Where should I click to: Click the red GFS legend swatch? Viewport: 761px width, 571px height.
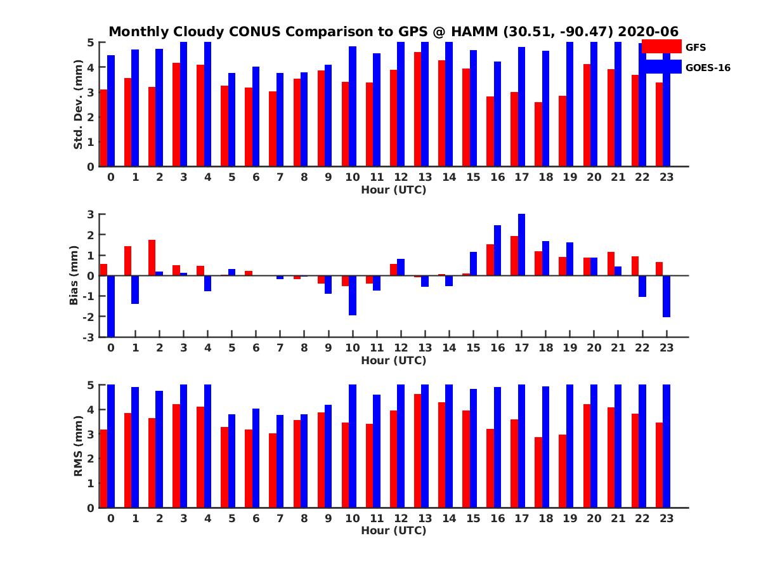[x=661, y=46]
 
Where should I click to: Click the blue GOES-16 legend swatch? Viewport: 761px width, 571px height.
[x=661, y=67]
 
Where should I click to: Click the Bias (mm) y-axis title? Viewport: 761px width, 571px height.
[x=74, y=275]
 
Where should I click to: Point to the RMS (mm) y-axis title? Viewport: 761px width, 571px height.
[x=78, y=446]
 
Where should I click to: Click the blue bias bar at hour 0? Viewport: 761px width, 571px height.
[x=111, y=306]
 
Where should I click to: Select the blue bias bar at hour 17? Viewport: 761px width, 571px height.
[x=521, y=245]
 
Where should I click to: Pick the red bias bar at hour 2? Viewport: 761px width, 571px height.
[x=152, y=258]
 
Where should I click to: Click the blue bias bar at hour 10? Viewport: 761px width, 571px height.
[x=353, y=295]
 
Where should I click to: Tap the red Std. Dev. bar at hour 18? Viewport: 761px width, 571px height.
[x=538, y=135]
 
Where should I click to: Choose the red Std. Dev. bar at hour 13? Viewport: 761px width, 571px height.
[x=418, y=109]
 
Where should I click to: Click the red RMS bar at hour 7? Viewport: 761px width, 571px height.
[x=273, y=470]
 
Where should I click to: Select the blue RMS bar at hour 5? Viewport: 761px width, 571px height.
[x=232, y=461]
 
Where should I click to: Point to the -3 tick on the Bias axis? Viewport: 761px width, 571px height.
[x=90, y=337]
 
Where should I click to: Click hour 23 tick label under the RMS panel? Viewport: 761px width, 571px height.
[x=667, y=518]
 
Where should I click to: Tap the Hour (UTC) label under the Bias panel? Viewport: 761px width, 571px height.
[x=393, y=360]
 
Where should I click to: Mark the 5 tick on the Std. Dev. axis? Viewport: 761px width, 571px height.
[x=91, y=43]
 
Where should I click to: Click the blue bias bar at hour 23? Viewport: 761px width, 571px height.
[x=667, y=296]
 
